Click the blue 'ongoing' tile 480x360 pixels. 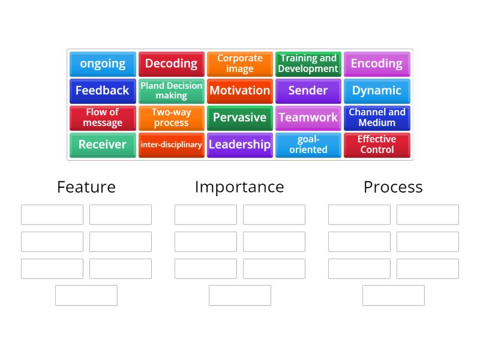click(x=103, y=64)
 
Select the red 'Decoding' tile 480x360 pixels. click(x=171, y=64)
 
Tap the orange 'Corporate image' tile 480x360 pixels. click(x=239, y=64)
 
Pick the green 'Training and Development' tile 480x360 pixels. click(x=308, y=64)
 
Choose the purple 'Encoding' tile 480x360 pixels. click(x=377, y=64)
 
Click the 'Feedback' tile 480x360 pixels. click(x=103, y=91)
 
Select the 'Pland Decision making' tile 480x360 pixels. click(x=171, y=91)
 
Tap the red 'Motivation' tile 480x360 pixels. click(x=239, y=91)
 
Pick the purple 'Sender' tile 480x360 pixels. click(x=308, y=91)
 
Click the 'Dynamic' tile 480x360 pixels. click(x=377, y=91)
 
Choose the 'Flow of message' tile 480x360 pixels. click(x=103, y=118)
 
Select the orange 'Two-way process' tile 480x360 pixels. click(x=171, y=118)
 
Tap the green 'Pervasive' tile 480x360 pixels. click(x=239, y=118)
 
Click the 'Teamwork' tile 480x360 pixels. click(x=308, y=118)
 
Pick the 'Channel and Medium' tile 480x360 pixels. click(x=377, y=118)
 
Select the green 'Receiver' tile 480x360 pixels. click(x=103, y=145)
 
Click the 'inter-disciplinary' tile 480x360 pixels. click(x=171, y=145)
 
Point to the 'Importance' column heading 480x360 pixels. click(x=239, y=187)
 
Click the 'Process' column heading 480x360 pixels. click(x=393, y=187)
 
